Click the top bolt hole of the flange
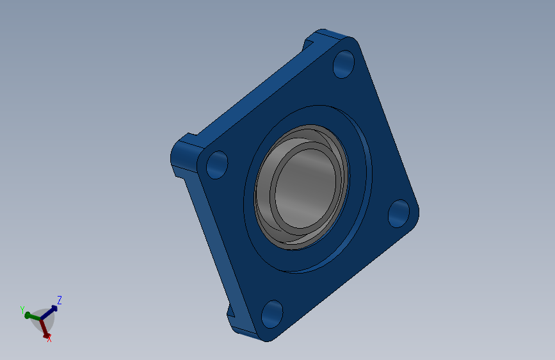pos(344,64)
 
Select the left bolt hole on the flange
pos(217,165)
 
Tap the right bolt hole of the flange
pos(399,214)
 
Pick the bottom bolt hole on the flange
pos(272,315)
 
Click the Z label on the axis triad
pos(60,300)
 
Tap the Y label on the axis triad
pos(22,310)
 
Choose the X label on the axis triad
pos(49,339)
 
